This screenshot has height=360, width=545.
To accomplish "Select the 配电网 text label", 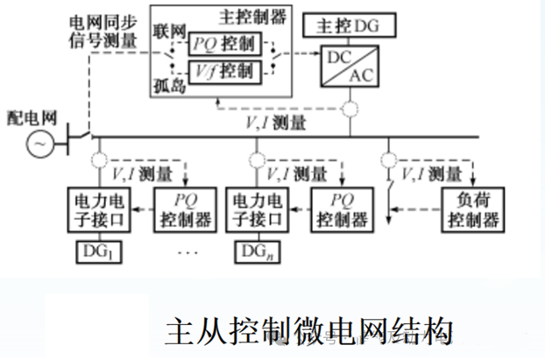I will tap(31, 116).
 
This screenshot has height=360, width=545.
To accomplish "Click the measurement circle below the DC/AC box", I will tap(350, 109).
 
